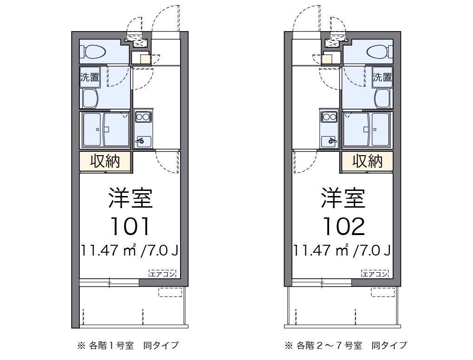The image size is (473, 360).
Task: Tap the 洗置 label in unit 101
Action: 90,77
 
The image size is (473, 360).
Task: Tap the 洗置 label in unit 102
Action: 382,77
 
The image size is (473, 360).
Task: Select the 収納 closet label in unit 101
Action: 105,161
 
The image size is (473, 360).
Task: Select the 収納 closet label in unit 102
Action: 368,161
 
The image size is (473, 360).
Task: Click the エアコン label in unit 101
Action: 162,274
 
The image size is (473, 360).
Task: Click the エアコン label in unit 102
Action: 375,274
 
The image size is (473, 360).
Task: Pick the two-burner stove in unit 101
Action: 143,117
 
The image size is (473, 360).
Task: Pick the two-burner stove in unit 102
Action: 329,117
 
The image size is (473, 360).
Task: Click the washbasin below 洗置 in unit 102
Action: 382,98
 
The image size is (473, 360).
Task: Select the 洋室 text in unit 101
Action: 130,197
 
